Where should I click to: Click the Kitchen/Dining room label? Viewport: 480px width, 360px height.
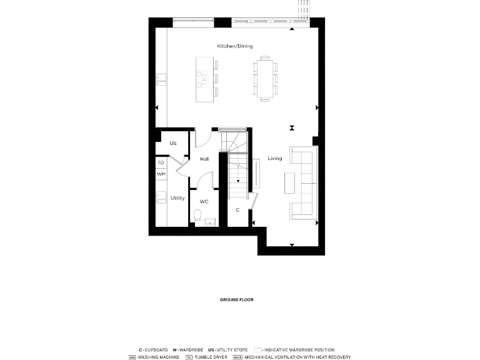[x=235, y=47]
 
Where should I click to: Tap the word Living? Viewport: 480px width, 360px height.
[x=275, y=159]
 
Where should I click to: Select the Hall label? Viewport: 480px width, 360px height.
[x=204, y=159]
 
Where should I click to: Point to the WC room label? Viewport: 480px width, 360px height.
[x=204, y=202]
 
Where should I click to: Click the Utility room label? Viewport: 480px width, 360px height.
[x=177, y=198]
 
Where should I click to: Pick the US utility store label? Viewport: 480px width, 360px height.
[x=173, y=144]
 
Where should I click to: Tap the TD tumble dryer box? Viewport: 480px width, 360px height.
[x=161, y=162]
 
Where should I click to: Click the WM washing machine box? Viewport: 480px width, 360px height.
[x=161, y=174]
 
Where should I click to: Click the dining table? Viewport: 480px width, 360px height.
[x=265, y=79]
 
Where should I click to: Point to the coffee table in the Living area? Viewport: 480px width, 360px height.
[x=289, y=182]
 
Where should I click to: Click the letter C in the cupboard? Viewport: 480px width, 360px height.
[x=237, y=210]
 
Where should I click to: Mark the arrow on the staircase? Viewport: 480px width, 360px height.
[x=238, y=180]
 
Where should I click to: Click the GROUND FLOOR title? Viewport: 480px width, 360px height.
[x=236, y=300]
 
